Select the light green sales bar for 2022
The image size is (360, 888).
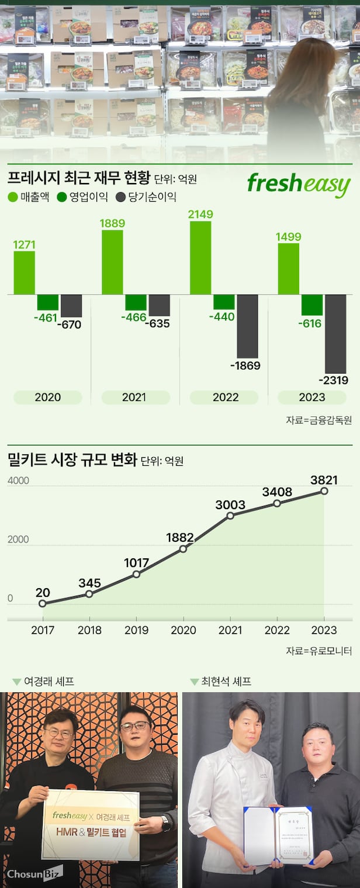point(200,258)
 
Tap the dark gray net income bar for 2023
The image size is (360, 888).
point(335,333)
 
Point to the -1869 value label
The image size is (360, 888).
point(245,366)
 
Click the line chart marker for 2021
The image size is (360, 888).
point(230,515)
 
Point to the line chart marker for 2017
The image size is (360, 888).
point(42,603)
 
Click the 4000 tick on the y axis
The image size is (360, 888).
point(18,481)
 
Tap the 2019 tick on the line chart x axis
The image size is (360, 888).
point(136,630)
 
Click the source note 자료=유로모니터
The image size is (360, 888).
point(319,651)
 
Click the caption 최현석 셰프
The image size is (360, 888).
point(226,681)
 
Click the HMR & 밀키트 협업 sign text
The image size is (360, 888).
point(91,832)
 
